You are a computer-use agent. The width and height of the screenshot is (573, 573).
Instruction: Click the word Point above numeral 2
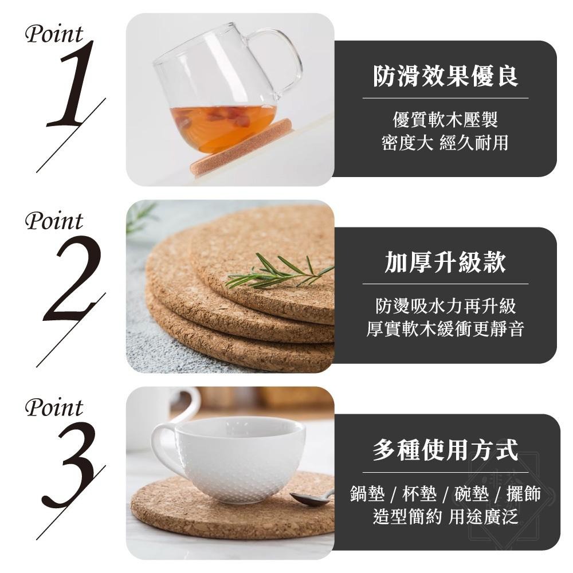coord(54,221)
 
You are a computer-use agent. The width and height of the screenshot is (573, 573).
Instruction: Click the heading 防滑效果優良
coord(445,76)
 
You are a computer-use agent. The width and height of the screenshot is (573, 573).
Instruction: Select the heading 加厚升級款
coord(445,263)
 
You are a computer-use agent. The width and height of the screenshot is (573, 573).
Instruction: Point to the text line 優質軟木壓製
coord(445,120)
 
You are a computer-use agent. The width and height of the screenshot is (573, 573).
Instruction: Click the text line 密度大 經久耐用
coord(445,143)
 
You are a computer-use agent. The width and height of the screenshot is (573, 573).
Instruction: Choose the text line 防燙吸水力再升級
coord(445,307)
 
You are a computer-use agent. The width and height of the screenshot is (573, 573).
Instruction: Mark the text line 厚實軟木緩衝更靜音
coord(445,329)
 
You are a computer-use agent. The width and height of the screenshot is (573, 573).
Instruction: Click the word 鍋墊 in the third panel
coord(367,494)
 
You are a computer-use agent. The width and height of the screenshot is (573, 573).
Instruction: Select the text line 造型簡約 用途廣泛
coord(445,516)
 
